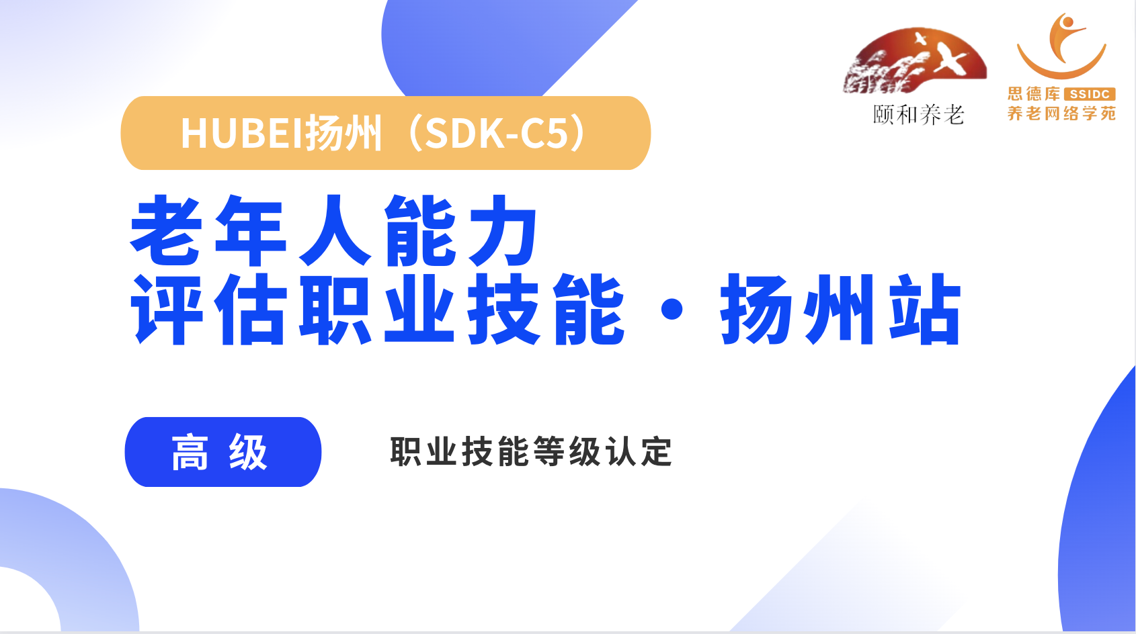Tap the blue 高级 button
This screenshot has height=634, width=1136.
point(223,452)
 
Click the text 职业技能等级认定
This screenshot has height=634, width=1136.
point(531,451)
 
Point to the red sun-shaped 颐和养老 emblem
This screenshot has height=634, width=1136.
point(915,60)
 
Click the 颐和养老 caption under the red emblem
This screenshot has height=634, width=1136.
point(918,115)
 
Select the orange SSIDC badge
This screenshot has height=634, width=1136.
point(1090,94)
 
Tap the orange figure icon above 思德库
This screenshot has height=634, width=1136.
point(1061,46)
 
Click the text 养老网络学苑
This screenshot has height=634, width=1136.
point(1061,113)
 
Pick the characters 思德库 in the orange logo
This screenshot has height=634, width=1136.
point(1034,94)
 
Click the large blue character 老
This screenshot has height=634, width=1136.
point(167,230)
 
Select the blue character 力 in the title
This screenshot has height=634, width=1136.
point(503,230)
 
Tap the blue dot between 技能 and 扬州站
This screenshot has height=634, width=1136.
point(672,310)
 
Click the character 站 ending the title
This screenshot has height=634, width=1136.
point(924,309)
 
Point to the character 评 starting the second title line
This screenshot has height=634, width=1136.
point(167,309)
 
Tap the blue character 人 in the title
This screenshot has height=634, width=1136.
point(335,230)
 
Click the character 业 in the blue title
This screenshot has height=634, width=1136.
point(419,309)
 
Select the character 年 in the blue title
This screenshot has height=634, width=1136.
point(251,230)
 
